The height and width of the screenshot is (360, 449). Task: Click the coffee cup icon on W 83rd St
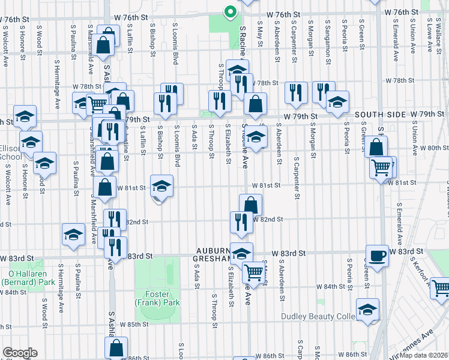tap(377, 256)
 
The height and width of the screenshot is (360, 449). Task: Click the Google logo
tap(20, 352)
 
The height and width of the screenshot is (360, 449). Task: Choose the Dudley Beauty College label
tap(319, 316)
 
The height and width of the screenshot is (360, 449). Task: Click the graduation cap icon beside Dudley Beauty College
tap(367, 310)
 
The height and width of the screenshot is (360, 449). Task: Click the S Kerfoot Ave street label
tap(420, 269)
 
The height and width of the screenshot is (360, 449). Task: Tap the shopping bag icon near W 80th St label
tap(376, 147)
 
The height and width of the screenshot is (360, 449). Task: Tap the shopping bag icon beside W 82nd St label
tap(250, 205)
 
